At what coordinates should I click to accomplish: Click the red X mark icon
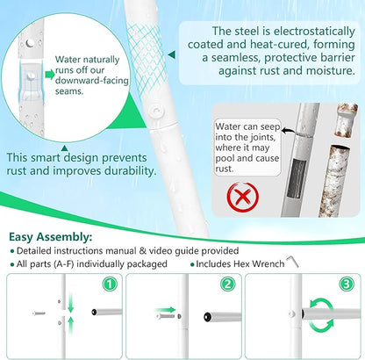pos(243,197)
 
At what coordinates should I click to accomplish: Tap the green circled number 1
pos(110,284)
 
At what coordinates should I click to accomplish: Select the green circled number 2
pos(228,284)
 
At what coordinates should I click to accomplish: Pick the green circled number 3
pos(347,284)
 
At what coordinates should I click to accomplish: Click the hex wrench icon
pos(292,262)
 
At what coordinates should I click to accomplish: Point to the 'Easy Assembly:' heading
pos(51,236)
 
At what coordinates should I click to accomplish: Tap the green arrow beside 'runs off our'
pos(50,75)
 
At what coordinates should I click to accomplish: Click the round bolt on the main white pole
pos(156,111)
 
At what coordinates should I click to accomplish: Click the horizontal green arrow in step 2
pos(165,310)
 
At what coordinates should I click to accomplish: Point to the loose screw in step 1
pos(39,313)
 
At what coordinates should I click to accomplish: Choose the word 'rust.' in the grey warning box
pos(225,169)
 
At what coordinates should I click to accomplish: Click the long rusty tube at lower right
pos(334,182)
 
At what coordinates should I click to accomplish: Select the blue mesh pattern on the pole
pos(147,60)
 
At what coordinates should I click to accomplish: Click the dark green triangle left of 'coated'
pos(172,54)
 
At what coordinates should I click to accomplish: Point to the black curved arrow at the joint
pos(288,131)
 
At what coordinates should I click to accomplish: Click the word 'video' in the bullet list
pos(161,251)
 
